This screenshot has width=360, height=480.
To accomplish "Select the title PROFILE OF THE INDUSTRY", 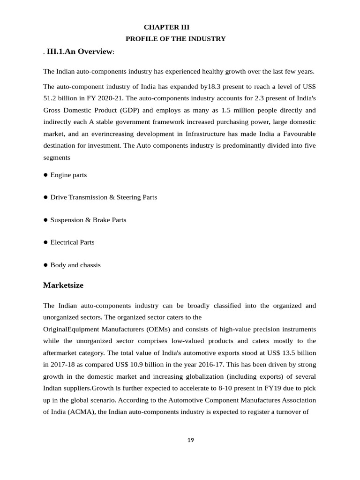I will tap(175, 38).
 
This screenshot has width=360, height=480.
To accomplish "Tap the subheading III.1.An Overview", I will tap(80, 51).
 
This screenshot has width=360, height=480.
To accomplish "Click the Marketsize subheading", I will tap(63, 285).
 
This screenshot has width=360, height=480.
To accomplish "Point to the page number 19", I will tap(190, 440).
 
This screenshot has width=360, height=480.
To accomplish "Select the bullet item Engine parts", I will tap(68, 175).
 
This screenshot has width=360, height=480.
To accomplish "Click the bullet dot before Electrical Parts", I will tap(46, 242).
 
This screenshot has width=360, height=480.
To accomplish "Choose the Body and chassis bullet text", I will tap(75, 265).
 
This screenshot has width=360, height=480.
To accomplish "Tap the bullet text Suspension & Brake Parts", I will tap(88, 220).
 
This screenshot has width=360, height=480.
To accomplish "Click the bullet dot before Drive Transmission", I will tap(46, 197).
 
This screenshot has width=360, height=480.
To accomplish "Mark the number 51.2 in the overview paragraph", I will tap(50, 98).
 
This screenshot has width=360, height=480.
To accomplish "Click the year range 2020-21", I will tap(112, 98).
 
